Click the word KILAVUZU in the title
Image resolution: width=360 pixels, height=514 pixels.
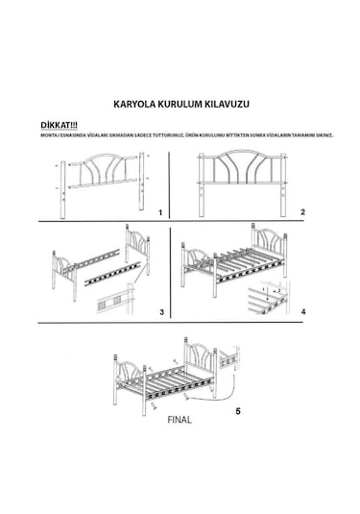[x=228, y=99]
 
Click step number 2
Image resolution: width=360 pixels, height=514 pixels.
[x=301, y=211]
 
